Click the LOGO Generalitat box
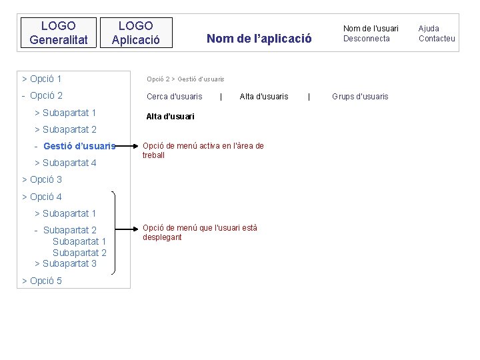click(59, 33)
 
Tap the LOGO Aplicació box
click(135, 33)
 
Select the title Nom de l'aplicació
click(259, 39)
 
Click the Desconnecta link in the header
click(366, 39)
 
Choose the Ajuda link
click(428, 29)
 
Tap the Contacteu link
click(437, 39)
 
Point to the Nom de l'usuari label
click(371, 29)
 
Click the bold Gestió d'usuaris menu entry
click(79, 146)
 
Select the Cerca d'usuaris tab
click(174, 97)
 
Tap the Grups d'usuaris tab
click(360, 97)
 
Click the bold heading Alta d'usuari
click(170, 117)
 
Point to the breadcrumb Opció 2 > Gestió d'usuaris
click(185, 79)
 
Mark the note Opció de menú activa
click(203, 150)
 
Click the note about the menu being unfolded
click(199, 232)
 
